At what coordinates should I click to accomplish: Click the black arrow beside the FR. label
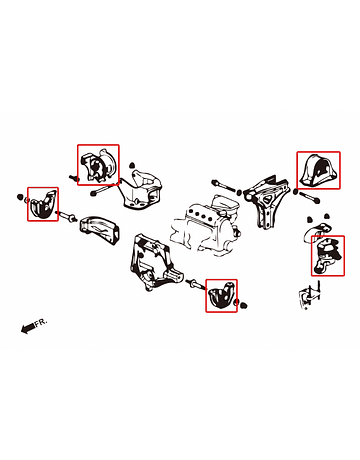tap(27, 328)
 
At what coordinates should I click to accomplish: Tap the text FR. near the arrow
tap(41, 322)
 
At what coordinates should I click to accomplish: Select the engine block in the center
tap(206, 227)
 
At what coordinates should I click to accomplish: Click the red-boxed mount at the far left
tap(42, 205)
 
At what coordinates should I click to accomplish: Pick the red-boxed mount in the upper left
tap(98, 166)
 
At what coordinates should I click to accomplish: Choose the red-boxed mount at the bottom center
tap(221, 295)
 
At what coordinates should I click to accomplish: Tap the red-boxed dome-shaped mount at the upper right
tap(318, 170)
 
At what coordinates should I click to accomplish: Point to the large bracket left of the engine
tap(154, 263)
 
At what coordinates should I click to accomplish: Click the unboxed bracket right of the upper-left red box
tap(142, 189)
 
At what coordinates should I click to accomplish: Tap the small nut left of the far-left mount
tap(20, 197)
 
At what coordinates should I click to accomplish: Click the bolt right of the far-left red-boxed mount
tap(68, 216)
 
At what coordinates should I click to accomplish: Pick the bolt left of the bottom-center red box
tap(197, 284)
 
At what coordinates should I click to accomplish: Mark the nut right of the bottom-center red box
tap(244, 305)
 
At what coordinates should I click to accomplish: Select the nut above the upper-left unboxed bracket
tap(132, 164)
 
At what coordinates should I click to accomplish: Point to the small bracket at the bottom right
tap(310, 295)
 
